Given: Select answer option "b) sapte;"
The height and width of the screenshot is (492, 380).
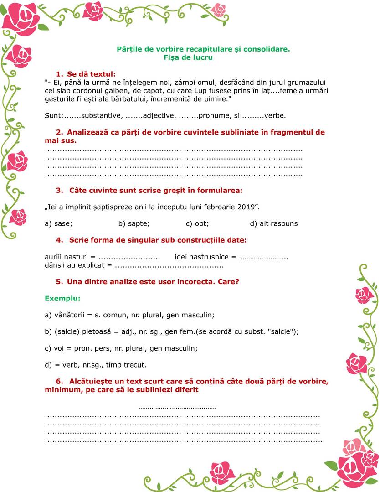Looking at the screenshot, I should tap(134, 223).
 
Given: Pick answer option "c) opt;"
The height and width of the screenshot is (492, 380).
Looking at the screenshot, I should tap(197, 223).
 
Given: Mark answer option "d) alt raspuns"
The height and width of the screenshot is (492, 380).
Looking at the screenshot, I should tap(274, 223).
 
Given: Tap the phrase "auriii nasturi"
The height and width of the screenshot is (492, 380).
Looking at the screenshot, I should tap(67, 257).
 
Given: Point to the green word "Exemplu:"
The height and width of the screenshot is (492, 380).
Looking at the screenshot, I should tap(62, 299).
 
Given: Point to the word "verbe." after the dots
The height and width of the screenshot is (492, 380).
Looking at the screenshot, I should tap(275, 116).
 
